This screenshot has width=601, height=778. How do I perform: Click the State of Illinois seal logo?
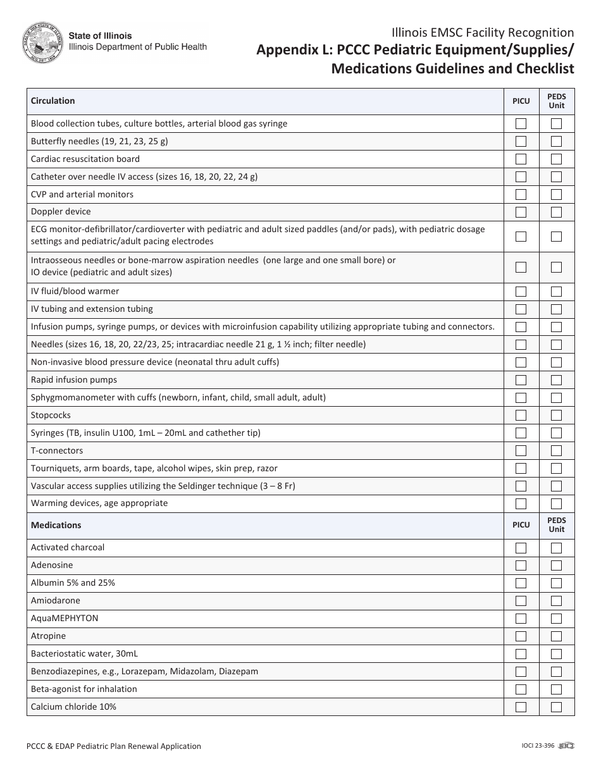click(x=42, y=42)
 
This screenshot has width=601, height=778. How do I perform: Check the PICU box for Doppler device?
click(x=521, y=212)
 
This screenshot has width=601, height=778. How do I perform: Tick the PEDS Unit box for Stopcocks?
click(x=556, y=416)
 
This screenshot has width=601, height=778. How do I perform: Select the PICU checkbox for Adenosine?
click(x=521, y=565)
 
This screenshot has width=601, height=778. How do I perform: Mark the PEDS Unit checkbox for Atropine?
click(x=556, y=636)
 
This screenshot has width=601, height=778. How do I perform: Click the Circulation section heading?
click(x=53, y=101)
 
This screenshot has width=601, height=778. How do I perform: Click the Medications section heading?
click(x=56, y=526)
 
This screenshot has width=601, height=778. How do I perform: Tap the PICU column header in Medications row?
click(x=521, y=526)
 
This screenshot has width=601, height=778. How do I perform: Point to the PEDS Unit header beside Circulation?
click(x=556, y=101)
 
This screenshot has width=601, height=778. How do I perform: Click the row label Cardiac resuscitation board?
click(x=85, y=159)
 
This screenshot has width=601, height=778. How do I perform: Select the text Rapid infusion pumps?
click(x=74, y=380)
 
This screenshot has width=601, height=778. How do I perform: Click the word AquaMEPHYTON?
click(x=65, y=619)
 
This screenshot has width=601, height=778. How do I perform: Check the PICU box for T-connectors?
click(x=521, y=451)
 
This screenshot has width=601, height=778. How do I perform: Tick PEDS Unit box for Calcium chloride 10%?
click(x=556, y=707)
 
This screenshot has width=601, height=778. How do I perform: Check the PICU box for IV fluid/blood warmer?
click(x=521, y=292)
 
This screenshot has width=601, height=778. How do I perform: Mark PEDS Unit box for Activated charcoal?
click(x=556, y=548)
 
